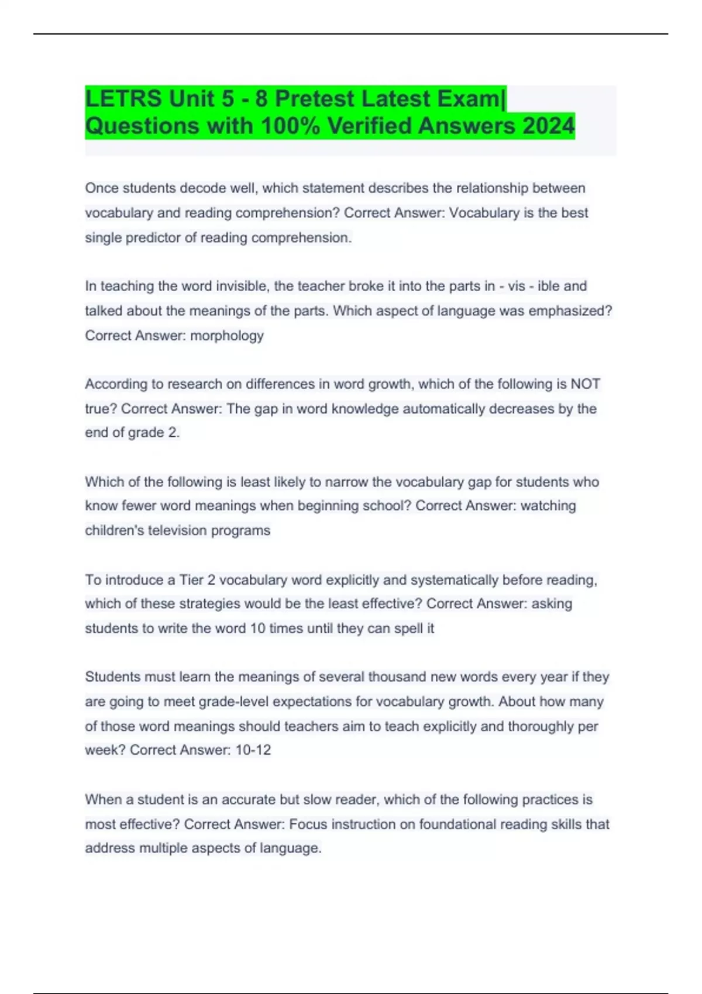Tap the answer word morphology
click(227, 336)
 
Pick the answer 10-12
click(253, 750)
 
